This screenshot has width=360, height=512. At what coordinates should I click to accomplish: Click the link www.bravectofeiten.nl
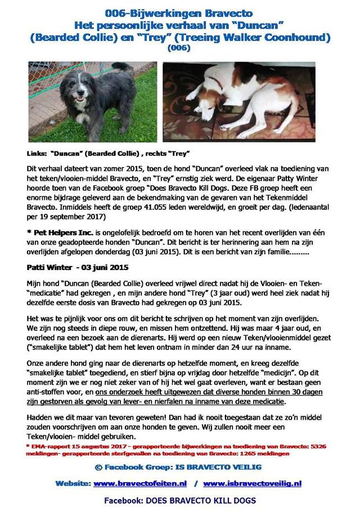point(141,483)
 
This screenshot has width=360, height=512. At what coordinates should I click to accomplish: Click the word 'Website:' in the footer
point(73,483)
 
